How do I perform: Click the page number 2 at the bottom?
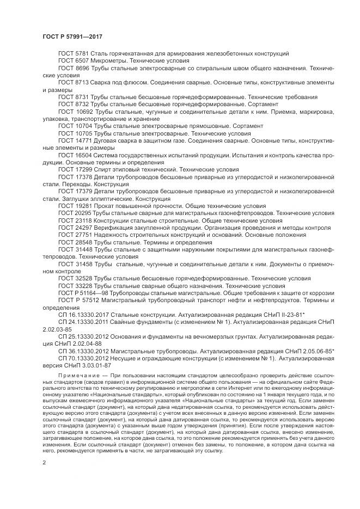coord(44,463)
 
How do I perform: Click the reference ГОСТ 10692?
coord(75,111)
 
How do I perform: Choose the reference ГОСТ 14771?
coord(75,139)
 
